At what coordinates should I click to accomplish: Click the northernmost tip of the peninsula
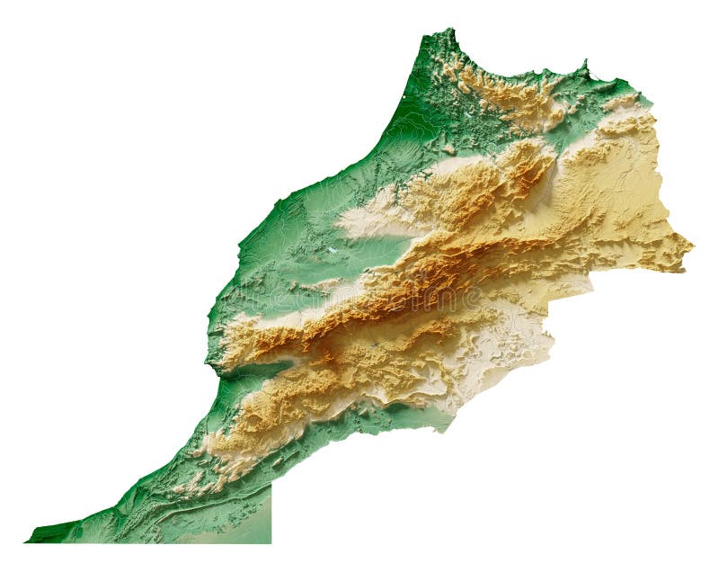pyautogui.click(x=450, y=30)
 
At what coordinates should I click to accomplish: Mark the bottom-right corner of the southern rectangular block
pyautogui.click(x=271, y=542)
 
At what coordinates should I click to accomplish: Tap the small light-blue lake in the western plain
pyautogui.click(x=333, y=251)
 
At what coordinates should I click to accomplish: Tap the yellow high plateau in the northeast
pyautogui.click(x=620, y=180)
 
